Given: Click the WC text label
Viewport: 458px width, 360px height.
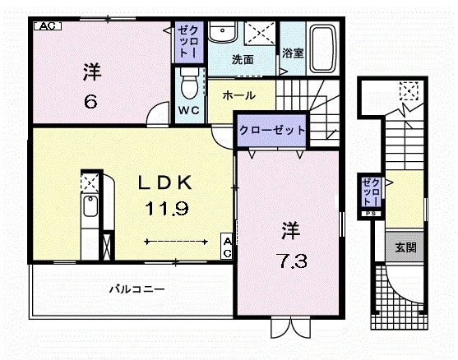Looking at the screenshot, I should pyautogui.click(x=188, y=110).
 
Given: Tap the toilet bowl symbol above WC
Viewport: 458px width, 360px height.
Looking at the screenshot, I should pyautogui.click(x=189, y=82).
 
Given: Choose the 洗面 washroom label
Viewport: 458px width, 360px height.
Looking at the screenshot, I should pyautogui.click(x=241, y=60).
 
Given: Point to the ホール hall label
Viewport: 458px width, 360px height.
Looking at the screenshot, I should pyautogui.click(x=238, y=95).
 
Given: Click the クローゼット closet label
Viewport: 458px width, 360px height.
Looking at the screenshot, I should pyautogui.click(x=273, y=131).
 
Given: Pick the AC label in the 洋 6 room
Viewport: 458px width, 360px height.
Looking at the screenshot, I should pyautogui.click(x=46, y=25).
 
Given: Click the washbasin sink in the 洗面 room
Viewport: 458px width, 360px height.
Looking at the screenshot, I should pyautogui.click(x=220, y=33).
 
